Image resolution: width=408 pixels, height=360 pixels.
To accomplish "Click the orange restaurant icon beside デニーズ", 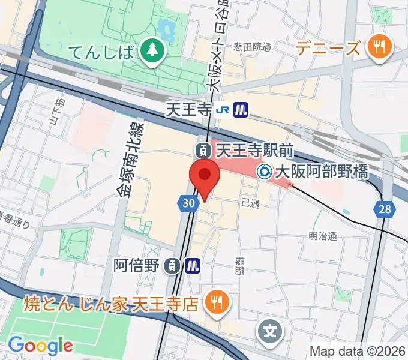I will (x=379, y=46).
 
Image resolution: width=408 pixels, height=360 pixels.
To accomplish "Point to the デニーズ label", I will (x=329, y=47).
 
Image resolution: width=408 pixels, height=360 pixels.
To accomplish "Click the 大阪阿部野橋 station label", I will (x=320, y=172).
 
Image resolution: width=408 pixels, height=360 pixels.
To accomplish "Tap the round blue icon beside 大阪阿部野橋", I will (x=264, y=172).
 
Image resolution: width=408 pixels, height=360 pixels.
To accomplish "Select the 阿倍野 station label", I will (x=139, y=265).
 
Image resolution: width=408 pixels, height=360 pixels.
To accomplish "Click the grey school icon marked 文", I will (x=271, y=330).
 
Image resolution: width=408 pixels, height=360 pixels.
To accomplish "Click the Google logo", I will (x=40, y=345).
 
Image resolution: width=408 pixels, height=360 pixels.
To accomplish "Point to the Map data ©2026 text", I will (x=357, y=351).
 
